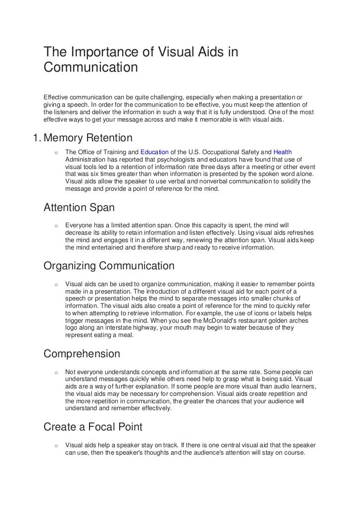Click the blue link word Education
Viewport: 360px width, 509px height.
(x=155, y=152)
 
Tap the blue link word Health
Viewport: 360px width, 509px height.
(x=282, y=152)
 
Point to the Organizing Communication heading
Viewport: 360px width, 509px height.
(x=109, y=266)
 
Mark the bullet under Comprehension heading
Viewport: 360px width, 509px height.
(x=57, y=372)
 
